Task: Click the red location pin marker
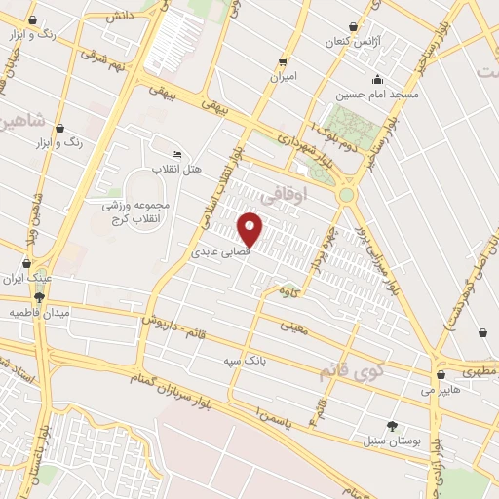tap(250, 229)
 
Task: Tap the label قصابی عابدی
tap(219, 251)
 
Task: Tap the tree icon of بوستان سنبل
tap(392, 425)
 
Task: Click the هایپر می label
tap(440, 389)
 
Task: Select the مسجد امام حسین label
tap(377, 96)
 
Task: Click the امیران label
tap(283, 76)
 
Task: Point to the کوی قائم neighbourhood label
tap(350, 371)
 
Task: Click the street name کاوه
tap(287, 291)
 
